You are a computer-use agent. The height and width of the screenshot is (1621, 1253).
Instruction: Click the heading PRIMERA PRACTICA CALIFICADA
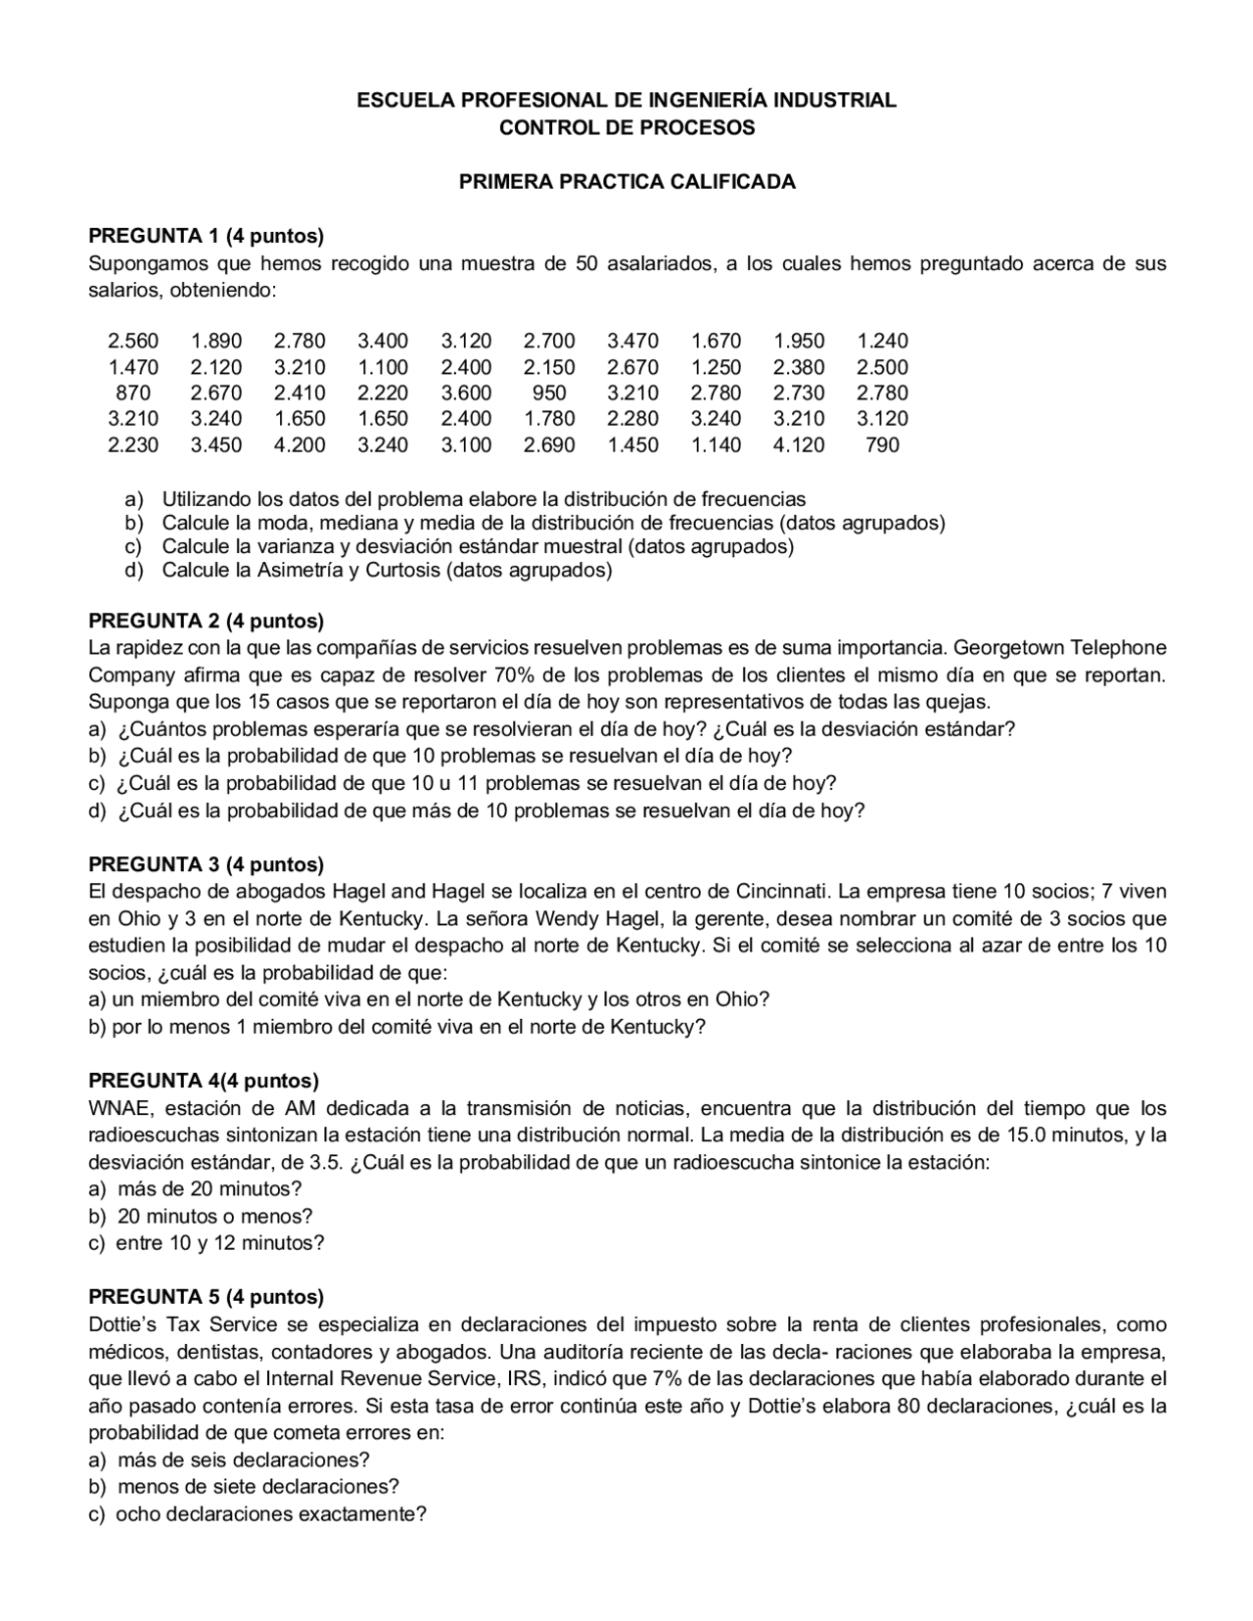click(x=626, y=182)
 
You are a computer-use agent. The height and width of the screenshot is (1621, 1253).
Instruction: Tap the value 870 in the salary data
click(x=133, y=394)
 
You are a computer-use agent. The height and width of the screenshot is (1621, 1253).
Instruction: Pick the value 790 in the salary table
click(x=882, y=445)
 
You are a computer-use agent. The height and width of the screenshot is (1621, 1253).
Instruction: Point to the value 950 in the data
click(x=549, y=394)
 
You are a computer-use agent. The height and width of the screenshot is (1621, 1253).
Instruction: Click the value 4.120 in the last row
click(x=799, y=445)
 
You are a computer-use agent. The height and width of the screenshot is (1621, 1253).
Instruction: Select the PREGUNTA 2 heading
click(x=206, y=621)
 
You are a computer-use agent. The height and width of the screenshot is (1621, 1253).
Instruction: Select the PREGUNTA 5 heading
click(x=206, y=1297)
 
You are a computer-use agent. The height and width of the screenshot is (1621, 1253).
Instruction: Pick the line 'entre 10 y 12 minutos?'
click(x=219, y=1243)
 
